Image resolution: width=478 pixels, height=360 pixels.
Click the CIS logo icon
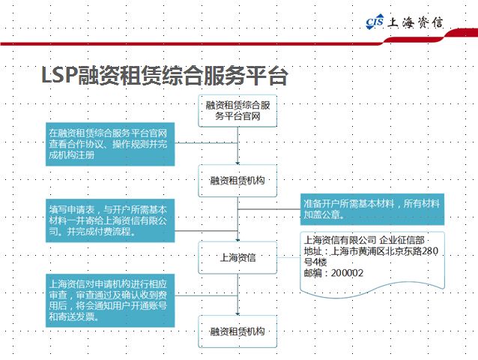(x=375, y=22)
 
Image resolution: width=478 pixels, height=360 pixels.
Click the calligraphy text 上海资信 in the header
(x=415, y=22)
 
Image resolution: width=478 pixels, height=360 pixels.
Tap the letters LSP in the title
(x=58, y=75)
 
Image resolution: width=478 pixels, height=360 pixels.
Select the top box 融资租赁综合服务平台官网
(x=238, y=111)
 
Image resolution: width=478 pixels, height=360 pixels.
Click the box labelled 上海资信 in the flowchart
(x=238, y=258)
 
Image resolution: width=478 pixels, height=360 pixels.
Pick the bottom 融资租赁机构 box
(x=238, y=331)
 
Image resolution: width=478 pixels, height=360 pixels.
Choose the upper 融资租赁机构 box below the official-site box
(x=238, y=181)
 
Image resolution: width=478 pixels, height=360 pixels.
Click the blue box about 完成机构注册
(x=110, y=144)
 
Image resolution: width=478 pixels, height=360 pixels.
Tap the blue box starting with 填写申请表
(x=110, y=220)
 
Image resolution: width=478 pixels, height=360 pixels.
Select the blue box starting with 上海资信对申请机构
(x=110, y=301)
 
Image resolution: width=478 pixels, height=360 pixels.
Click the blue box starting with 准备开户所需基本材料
(x=372, y=209)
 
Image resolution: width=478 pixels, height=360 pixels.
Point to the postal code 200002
(x=347, y=273)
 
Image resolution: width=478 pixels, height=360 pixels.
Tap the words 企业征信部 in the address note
(x=402, y=240)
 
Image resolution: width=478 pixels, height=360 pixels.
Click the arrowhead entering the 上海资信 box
(x=238, y=240)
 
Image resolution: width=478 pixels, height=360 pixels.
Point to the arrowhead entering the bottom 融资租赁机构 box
(x=238, y=313)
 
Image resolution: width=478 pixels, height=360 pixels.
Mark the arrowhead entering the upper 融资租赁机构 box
(x=238, y=163)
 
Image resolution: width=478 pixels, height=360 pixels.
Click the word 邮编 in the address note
(x=312, y=273)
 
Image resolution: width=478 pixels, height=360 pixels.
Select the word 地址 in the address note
(x=313, y=251)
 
